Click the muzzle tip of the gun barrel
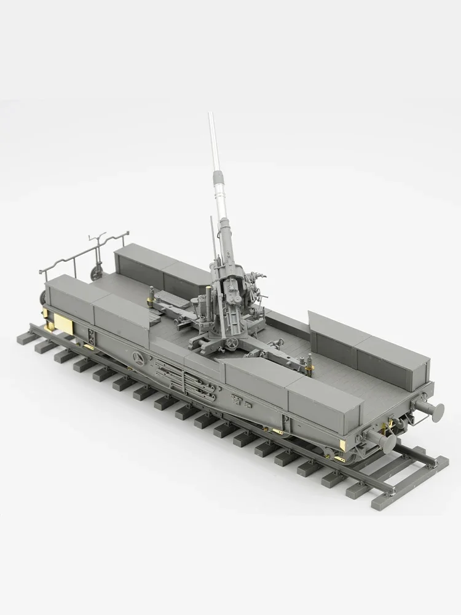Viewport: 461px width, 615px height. [210, 114]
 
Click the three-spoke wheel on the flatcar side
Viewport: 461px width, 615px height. [140, 360]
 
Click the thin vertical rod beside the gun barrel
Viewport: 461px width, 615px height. [213, 237]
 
